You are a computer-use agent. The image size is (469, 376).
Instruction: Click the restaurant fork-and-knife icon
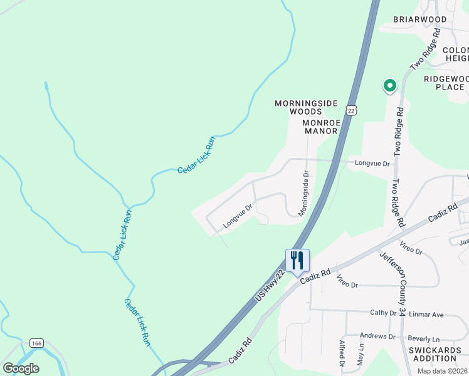[297, 260]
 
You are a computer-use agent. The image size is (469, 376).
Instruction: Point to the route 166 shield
[36, 343]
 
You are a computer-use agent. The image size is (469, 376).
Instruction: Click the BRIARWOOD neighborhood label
[420, 19]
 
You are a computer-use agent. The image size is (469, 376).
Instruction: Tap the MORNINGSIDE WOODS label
[306, 107]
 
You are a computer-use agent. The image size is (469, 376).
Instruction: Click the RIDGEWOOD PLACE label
[446, 83]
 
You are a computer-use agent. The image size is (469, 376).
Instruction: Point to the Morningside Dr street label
[305, 194]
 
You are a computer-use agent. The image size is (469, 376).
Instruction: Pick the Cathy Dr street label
[383, 313]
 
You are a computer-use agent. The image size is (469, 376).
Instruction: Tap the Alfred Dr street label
[342, 353]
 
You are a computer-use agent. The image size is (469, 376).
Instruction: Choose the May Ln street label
[361, 353]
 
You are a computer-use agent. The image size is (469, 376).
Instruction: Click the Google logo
[21, 368]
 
